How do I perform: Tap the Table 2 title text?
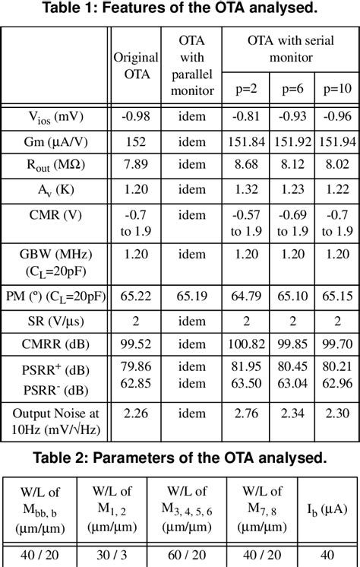point(179,458)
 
